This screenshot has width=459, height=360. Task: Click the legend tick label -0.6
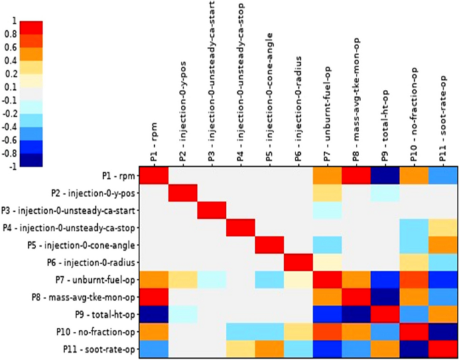coord(9,139)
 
